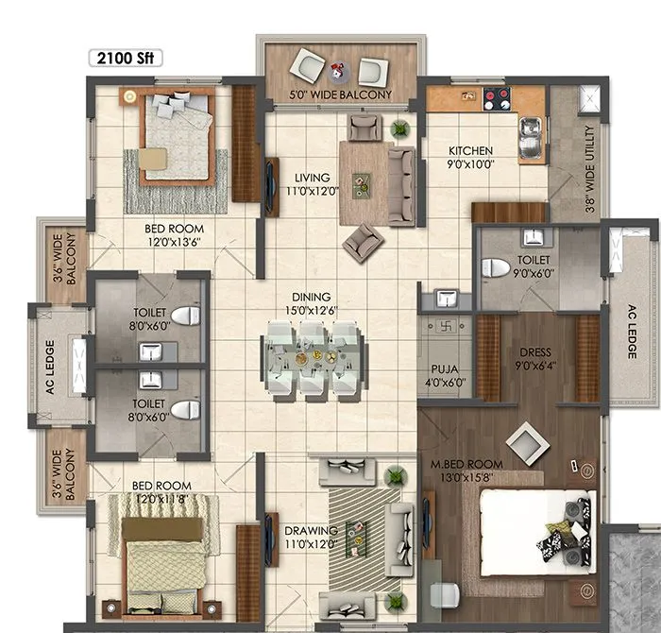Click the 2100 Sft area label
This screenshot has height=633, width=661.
point(126,58)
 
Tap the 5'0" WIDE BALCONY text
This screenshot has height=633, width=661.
point(341,95)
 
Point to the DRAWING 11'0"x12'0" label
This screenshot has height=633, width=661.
point(311,538)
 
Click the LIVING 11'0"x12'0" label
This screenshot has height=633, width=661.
point(311,183)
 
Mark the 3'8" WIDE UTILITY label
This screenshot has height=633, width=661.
point(590,171)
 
